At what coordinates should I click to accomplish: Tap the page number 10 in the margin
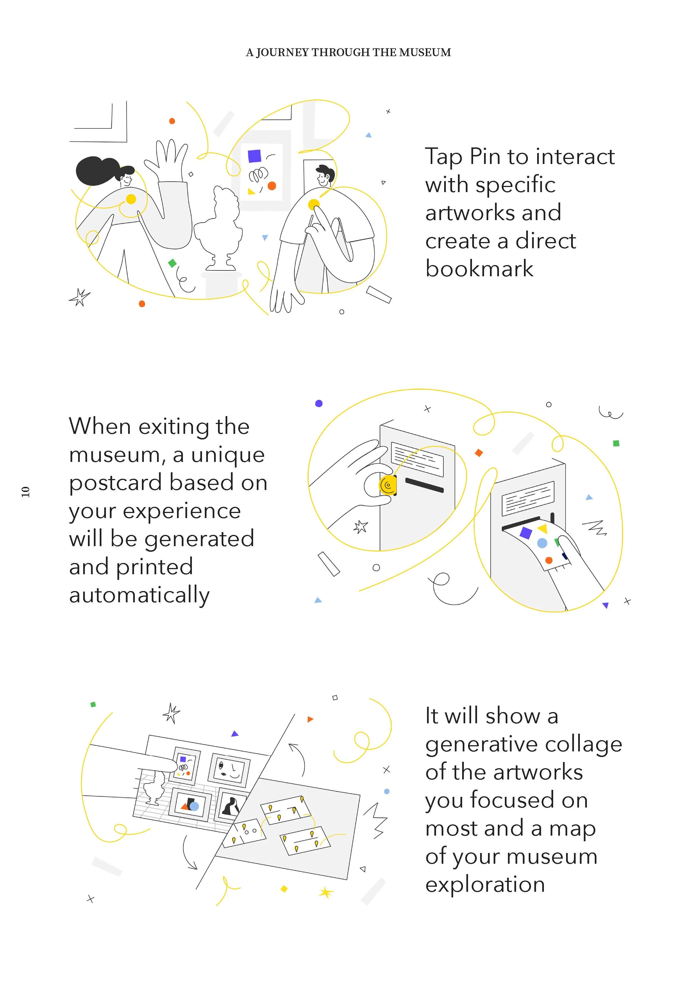click(26, 492)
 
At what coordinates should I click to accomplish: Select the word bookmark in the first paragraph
click(479, 269)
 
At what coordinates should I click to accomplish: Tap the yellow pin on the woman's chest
click(131, 199)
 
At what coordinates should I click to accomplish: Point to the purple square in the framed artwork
click(255, 156)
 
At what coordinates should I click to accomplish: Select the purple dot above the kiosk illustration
click(319, 403)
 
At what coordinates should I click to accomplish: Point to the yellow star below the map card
click(326, 893)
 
